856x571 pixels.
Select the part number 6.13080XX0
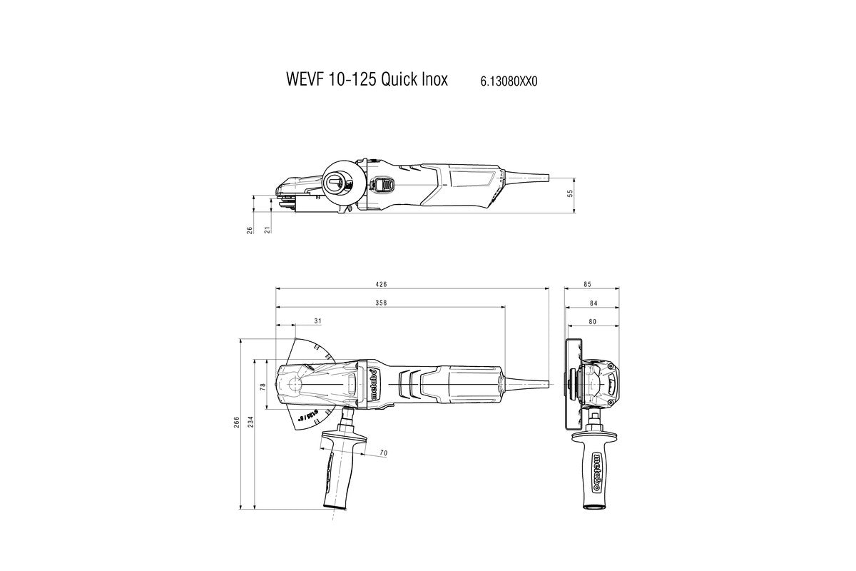(504, 81)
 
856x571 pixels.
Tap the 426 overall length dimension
(413, 284)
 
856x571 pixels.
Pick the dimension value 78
(263, 386)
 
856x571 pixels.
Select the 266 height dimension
(236, 423)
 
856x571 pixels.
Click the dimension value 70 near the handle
(383, 453)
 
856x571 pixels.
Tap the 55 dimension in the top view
(570, 193)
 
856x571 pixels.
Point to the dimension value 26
(250, 230)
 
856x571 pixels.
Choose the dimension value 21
(267, 230)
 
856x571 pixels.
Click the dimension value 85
(587, 284)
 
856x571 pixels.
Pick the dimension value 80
(591, 321)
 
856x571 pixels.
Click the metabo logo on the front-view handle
(594, 470)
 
